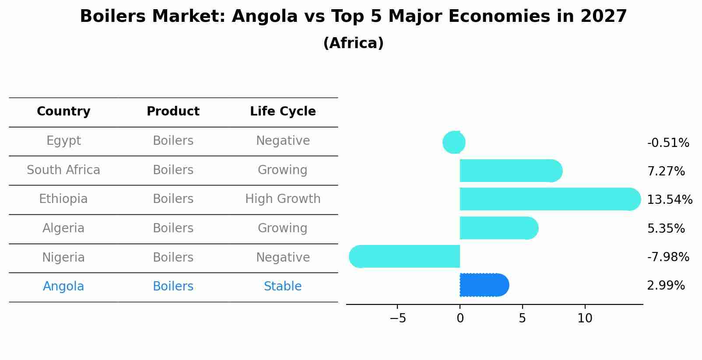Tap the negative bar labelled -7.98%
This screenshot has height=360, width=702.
coord(405,256)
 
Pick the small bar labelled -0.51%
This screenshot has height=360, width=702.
coord(454,142)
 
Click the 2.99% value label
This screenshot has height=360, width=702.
coord(666,286)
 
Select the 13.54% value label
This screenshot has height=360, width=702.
coord(669,200)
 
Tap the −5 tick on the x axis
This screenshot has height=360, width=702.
coord(397,318)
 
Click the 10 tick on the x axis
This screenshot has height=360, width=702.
coord(585,318)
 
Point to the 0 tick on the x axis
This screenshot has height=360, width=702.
coord(460,318)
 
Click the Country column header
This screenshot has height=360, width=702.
coord(63,112)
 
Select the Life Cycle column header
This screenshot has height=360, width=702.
coord(283,112)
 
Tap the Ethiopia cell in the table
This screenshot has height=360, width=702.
coord(63,199)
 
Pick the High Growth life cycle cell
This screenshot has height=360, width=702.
coord(283,199)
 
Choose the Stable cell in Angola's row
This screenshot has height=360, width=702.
coord(283,287)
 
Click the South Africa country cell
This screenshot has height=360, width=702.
coord(63,170)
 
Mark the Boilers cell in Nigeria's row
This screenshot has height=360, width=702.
coord(173,257)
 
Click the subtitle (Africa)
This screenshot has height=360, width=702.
coord(353,43)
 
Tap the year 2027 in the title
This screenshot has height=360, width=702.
coord(604,17)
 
